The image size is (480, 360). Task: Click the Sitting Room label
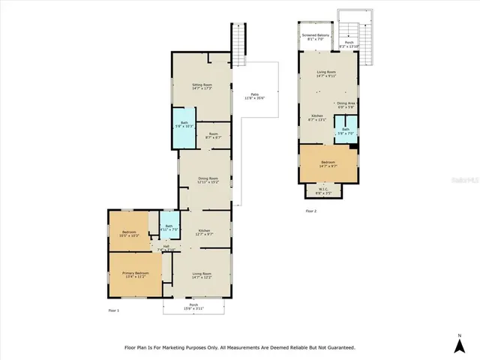coord(202,87)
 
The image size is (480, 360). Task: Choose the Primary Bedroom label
coord(136,274)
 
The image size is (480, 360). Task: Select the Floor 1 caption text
coord(113,309)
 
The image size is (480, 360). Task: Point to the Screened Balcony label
coord(315,37)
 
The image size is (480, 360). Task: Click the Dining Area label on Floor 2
coord(346,104)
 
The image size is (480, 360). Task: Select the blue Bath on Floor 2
coord(346,130)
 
